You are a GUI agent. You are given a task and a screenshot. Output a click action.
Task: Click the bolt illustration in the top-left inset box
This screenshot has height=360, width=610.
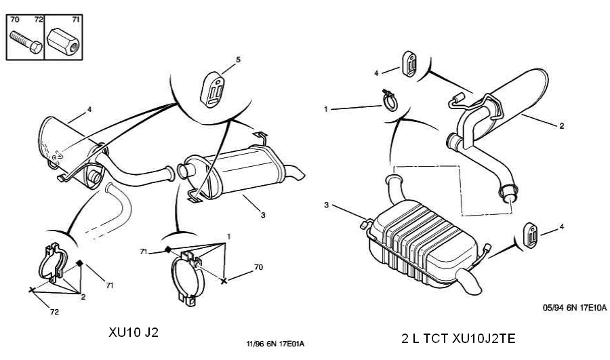[26, 42]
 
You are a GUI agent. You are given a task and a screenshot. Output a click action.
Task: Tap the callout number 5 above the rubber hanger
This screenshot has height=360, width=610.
[238, 60]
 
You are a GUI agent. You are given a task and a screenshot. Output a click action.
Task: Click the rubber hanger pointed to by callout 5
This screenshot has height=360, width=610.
[213, 89]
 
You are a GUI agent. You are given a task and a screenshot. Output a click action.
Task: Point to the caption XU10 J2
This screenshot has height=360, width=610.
[134, 332]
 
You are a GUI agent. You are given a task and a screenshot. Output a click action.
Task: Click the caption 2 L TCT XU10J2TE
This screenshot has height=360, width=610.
[458, 338]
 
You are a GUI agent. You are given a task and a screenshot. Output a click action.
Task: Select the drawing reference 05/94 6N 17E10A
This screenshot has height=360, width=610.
[575, 308]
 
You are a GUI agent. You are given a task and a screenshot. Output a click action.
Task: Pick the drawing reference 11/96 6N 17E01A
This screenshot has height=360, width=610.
[275, 344]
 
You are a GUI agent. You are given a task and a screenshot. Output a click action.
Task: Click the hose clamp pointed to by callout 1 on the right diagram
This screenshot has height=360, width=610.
[390, 100]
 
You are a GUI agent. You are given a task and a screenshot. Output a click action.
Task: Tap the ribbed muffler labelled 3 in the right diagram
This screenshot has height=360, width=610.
[422, 243]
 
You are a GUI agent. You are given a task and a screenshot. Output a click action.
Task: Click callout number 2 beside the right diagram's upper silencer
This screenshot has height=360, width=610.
[561, 125]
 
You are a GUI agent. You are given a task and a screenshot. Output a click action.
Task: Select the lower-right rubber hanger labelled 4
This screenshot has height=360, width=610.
[530, 235]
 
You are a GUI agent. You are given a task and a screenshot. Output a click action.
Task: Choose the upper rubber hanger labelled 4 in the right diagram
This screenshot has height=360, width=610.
[409, 64]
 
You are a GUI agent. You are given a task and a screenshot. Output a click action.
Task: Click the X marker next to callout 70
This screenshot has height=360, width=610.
[224, 281]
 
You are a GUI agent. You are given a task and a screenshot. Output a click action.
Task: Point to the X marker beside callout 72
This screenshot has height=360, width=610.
[32, 289]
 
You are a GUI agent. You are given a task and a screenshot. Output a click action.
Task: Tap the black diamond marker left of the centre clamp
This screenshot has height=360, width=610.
[167, 249]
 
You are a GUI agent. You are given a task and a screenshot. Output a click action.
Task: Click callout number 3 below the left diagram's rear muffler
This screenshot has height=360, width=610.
[263, 215]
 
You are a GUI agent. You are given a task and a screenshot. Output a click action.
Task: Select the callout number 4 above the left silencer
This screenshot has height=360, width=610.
[89, 109]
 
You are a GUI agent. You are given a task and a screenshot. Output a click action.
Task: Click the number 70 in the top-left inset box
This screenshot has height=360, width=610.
[14, 20]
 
